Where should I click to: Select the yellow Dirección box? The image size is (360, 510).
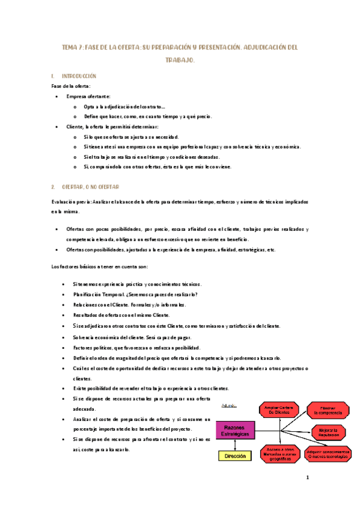[235, 456]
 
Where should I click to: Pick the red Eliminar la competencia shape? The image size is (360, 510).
[328, 410]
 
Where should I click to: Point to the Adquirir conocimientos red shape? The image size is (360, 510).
[328, 453]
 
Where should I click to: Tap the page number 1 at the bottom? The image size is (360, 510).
[307, 479]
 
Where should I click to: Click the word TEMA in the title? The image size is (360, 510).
[71, 47]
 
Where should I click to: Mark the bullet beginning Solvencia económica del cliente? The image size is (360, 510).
[139, 337]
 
